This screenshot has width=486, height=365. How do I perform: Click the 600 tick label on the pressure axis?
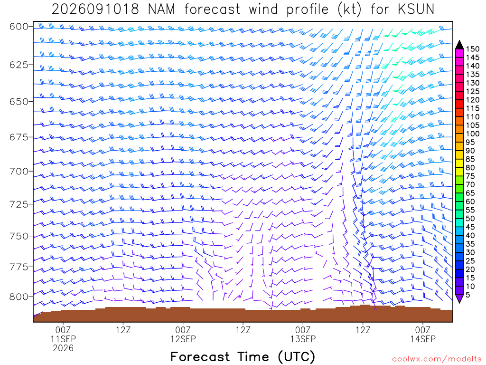[x=19, y=27]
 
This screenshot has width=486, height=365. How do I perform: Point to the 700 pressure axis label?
[x=19, y=171]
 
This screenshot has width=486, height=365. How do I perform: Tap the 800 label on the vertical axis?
[x=19, y=297]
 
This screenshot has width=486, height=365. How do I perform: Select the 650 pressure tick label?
[x=19, y=102]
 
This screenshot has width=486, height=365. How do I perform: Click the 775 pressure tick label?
[x=19, y=267]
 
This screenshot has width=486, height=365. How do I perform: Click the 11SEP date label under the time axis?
[x=63, y=339]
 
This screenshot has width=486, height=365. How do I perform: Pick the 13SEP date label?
[x=303, y=339]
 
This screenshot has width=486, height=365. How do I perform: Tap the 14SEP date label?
[x=423, y=339]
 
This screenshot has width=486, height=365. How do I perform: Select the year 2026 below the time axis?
[x=63, y=348]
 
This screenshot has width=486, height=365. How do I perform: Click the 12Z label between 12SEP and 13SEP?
[x=243, y=330]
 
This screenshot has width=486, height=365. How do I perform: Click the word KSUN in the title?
[x=416, y=10]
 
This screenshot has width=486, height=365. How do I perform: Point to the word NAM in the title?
[x=161, y=10]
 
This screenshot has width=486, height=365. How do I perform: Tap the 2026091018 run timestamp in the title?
[x=95, y=10]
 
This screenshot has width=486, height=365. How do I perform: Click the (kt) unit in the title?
[x=349, y=10]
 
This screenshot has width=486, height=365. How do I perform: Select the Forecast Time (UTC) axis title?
[x=243, y=356]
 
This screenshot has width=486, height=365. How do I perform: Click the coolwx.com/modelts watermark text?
[x=437, y=359]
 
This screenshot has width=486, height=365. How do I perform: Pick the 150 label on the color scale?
[x=473, y=49]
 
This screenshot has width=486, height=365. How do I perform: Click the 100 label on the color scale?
[x=473, y=134]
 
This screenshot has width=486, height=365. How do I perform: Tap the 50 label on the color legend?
[x=470, y=219]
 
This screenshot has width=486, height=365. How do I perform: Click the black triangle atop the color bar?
[x=459, y=45]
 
